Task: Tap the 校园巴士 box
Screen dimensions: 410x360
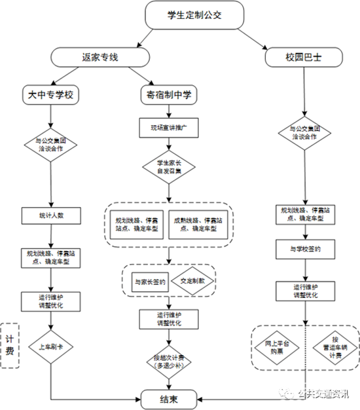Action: [303, 58]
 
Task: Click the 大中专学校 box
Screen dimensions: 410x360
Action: [50, 95]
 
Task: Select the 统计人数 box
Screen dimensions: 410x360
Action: [50, 215]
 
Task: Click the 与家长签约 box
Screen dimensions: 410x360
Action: [150, 281]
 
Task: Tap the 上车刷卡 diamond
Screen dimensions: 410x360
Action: [50, 348]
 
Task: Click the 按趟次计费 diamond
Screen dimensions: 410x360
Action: [169, 361]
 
